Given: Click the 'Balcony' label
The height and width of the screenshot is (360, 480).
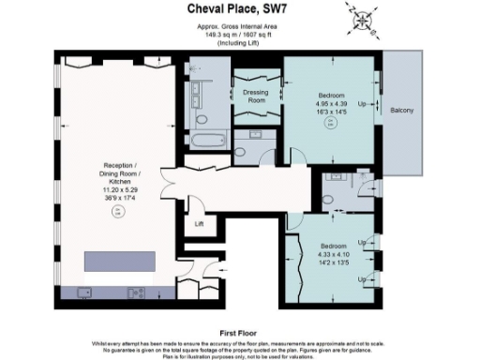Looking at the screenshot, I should point(402,111).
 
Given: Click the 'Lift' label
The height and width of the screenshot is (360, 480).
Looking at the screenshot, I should point(199,224).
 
